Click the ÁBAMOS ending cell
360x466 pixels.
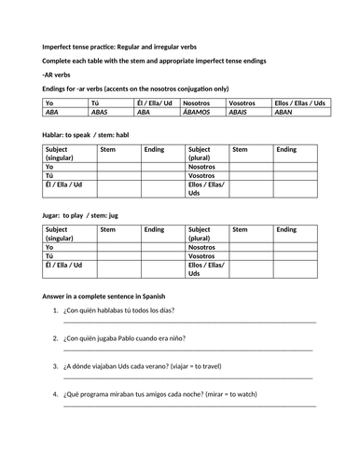pyautogui.click(x=201, y=111)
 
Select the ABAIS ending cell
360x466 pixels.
pyautogui.click(x=247, y=111)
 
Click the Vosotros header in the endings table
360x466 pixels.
pyautogui.click(x=247, y=102)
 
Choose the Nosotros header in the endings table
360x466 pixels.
pyautogui.click(x=201, y=102)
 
